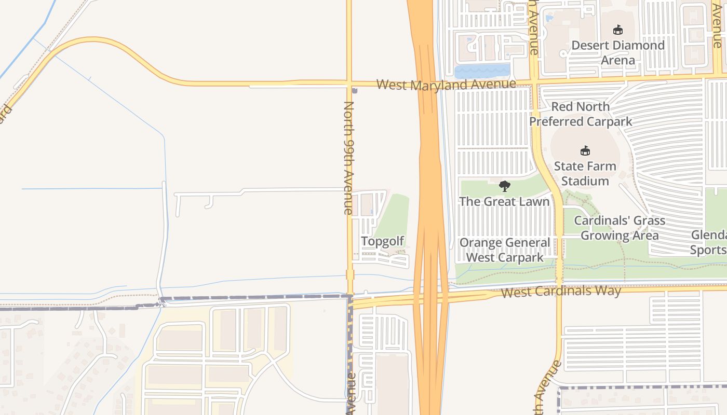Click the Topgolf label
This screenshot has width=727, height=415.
click(x=382, y=241)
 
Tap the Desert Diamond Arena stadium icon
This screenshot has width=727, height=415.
click(x=617, y=30)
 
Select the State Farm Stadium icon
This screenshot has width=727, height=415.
click(x=585, y=151)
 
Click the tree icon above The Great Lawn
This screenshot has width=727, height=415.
click(x=504, y=186)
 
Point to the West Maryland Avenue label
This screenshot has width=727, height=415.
click(x=446, y=84)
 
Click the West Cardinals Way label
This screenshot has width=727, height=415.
click(x=561, y=291)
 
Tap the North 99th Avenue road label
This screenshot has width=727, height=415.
click(x=348, y=158)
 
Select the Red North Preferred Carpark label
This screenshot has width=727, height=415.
click(x=580, y=114)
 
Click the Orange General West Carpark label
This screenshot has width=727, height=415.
click(x=504, y=250)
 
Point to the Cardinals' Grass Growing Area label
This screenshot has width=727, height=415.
click(x=619, y=228)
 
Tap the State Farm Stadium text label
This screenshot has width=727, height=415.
click(x=585, y=174)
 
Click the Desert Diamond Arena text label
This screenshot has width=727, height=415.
click(x=617, y=52)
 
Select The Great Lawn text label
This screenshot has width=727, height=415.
click(x=504, y=201)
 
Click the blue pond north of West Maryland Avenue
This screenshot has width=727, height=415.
click(x=481, y=71)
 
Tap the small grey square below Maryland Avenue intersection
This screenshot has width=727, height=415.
click(x=355, y=91)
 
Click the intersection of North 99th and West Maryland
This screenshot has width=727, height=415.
click(x=349, y=84)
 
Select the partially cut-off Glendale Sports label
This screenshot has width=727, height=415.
click(x=709, y=242)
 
